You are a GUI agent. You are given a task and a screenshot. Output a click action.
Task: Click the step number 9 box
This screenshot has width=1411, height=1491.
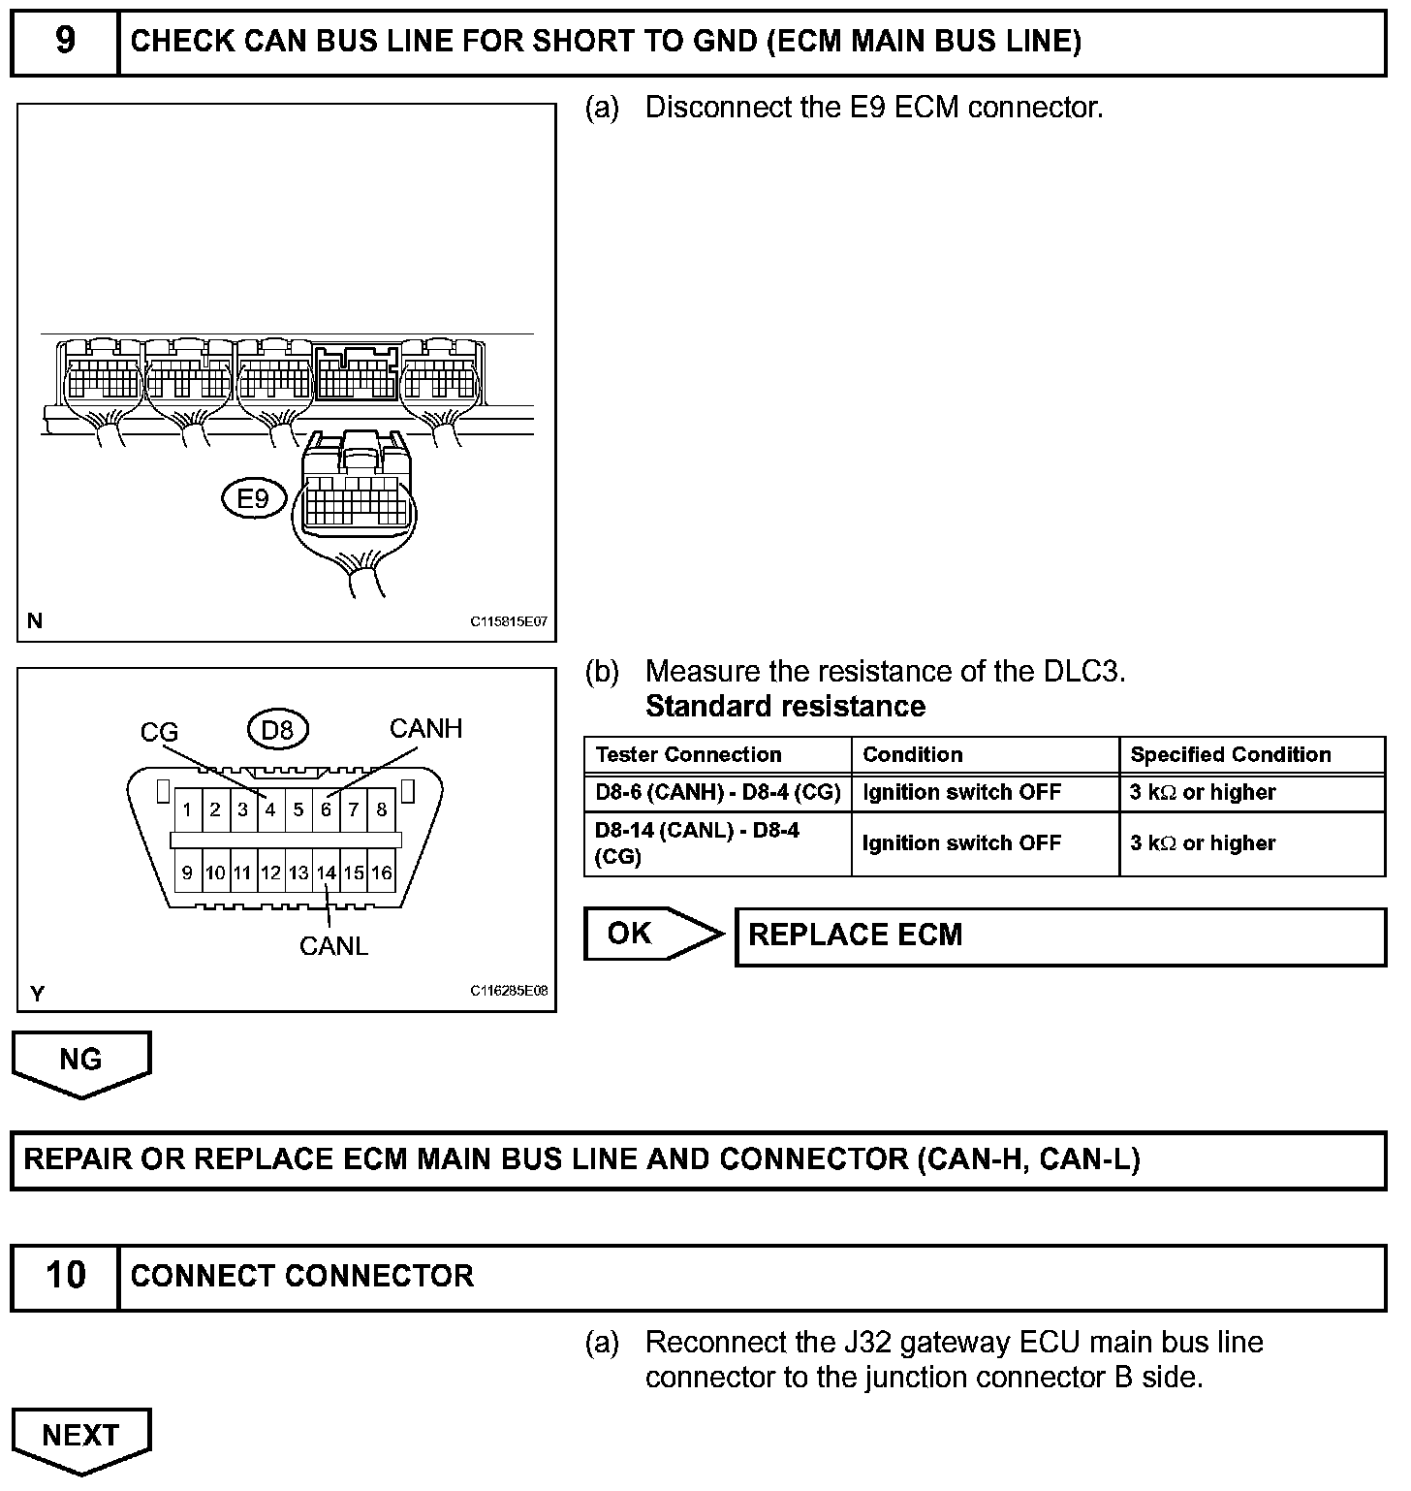(x=65, y=42)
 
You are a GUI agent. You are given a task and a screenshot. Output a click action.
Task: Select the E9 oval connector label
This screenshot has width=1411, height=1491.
(x=253, y=498)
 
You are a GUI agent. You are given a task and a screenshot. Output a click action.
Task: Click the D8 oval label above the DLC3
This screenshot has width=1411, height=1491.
(x=277, y=728)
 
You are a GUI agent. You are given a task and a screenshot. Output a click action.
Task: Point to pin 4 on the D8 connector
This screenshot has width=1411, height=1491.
(x=270, y=809)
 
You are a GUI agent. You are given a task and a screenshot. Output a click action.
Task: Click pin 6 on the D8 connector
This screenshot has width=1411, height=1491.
(x=327, y=809)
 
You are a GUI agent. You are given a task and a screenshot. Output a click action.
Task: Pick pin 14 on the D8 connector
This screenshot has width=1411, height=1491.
(x=327, y=872)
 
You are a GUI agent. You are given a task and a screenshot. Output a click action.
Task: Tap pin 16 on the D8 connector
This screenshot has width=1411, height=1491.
(x=382, y=872)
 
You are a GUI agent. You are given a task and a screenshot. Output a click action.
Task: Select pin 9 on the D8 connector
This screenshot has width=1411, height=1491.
(x=187, y=872)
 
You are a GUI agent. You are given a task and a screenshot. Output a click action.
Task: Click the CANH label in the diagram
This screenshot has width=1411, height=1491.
(x=425, y=728)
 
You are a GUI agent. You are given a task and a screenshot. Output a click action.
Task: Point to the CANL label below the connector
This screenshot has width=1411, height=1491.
(x=333, y=946)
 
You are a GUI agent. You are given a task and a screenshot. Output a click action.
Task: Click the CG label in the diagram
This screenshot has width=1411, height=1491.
(x=159, y=732)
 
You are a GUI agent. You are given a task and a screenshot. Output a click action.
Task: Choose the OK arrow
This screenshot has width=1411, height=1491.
(x=652, y=934)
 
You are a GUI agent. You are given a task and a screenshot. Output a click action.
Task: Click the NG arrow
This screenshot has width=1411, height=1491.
(x=80, y=1061)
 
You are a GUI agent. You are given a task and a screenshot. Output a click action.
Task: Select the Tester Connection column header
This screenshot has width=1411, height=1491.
(x=688, y=754)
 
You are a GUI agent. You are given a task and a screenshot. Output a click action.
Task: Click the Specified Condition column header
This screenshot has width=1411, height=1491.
(x=1230, y=754)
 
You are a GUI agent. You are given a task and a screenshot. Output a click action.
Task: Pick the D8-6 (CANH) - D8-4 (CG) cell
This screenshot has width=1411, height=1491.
(x=717, y=792)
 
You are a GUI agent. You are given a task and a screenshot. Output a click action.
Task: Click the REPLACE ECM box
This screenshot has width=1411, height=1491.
(x=1060, y=936)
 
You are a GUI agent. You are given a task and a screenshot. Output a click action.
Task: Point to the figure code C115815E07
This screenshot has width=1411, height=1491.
(x=509, y=621)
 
